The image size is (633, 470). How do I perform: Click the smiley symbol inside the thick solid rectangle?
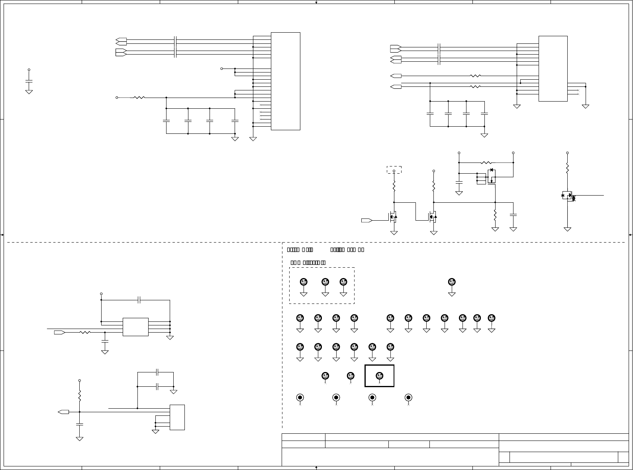(x=379, y=376)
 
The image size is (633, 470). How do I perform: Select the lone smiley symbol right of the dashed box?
(x=452, y=282)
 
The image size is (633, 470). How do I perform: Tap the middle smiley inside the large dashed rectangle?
(x=325, y=282)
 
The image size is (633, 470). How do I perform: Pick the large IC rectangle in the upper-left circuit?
(x=285, y=81)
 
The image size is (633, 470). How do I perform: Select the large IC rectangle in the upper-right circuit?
(x=553, y=69)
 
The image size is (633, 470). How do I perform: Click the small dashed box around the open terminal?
(x=394, y=170)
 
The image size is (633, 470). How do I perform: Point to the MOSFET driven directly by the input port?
(x=393, y=217)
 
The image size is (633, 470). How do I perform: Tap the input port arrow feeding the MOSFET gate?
(x=366, y=220)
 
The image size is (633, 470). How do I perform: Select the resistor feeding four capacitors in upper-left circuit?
(x=139, y=97)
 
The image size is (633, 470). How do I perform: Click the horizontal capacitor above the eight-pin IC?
(x=139, y=300)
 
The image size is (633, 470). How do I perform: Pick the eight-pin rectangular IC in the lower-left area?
(x=135, y=327)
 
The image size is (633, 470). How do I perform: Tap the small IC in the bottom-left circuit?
(x=177, y=417)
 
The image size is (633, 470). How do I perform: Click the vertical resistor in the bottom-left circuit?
(x=79, y=396)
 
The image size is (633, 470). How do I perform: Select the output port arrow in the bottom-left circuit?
(x=63, y=412)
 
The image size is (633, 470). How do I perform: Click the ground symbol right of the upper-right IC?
(x=585, y=106)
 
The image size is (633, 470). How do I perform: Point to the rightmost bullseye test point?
(x=408, y=398)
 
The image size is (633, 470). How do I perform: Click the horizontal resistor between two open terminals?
(x=486, y=163)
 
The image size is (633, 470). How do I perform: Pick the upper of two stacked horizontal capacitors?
(x=158, y=372)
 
